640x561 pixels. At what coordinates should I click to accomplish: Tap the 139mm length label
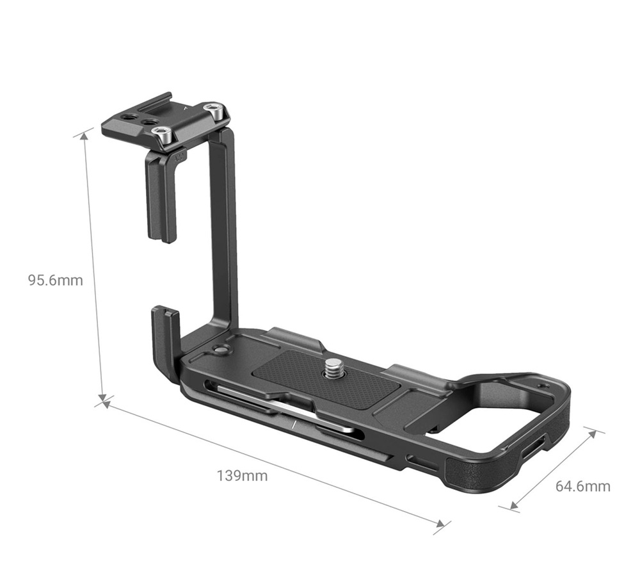coord(242,476)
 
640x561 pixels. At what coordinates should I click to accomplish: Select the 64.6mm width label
coord(582,486)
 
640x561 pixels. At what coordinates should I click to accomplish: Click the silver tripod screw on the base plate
coord(335,368)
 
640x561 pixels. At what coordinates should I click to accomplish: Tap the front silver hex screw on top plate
coord(163,135)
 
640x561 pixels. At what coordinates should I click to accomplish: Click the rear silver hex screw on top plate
coord(216,111)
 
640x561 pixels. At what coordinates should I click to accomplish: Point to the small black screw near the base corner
coord(221,350)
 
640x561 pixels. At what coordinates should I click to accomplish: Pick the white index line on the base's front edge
coord(292,425)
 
